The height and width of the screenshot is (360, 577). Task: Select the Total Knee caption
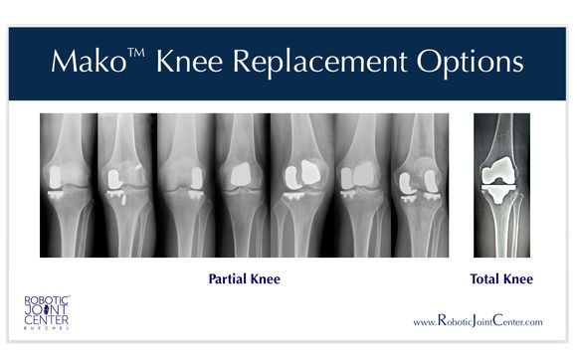501,279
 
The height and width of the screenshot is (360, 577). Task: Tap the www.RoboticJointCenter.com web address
478,322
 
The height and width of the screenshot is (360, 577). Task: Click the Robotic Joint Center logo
47,309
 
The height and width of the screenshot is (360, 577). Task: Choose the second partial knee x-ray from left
126,185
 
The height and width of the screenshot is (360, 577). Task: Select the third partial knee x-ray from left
185,185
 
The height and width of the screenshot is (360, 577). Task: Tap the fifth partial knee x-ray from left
303,185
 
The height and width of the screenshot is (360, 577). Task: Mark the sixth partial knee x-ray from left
361,185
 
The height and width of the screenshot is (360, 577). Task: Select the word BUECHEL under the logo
47,326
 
